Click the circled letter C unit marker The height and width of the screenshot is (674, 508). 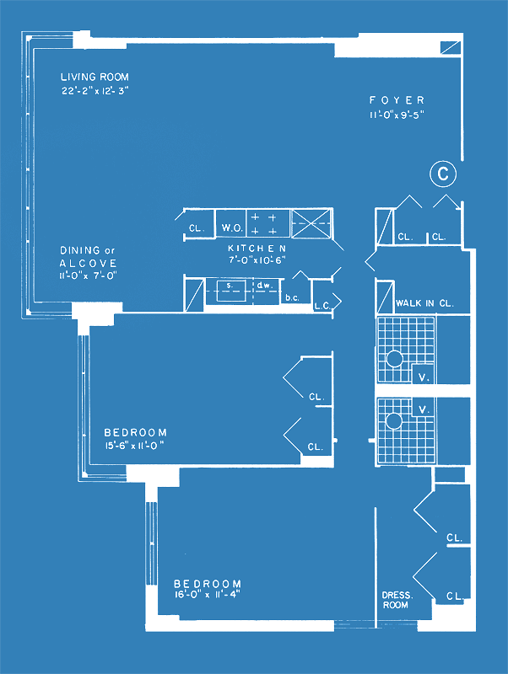(442, 174)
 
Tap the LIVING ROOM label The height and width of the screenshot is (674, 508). (95, 78)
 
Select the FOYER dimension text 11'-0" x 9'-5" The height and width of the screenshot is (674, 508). (397, 115)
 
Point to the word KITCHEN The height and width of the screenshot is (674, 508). (257, 248)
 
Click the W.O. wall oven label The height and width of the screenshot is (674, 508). (231, 227)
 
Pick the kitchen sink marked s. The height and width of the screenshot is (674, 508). (231, 291)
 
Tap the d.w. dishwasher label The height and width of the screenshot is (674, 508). (263, 285)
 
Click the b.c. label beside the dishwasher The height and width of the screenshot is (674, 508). (292, 297)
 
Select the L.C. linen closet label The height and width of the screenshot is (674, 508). (322, 306)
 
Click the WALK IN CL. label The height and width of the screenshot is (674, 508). (424, 303)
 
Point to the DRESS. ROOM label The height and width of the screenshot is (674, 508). (397, 600)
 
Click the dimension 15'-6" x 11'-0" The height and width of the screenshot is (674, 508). (135, 446)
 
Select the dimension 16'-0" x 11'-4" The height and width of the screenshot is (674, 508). (207, 595)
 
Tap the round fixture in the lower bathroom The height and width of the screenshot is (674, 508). (393, 420)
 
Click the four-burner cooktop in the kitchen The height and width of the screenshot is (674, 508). (268, 223)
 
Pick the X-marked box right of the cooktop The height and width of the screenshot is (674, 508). (312, 223)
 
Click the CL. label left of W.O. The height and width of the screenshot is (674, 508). (197, 228)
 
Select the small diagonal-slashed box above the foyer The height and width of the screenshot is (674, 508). (451, 47)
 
